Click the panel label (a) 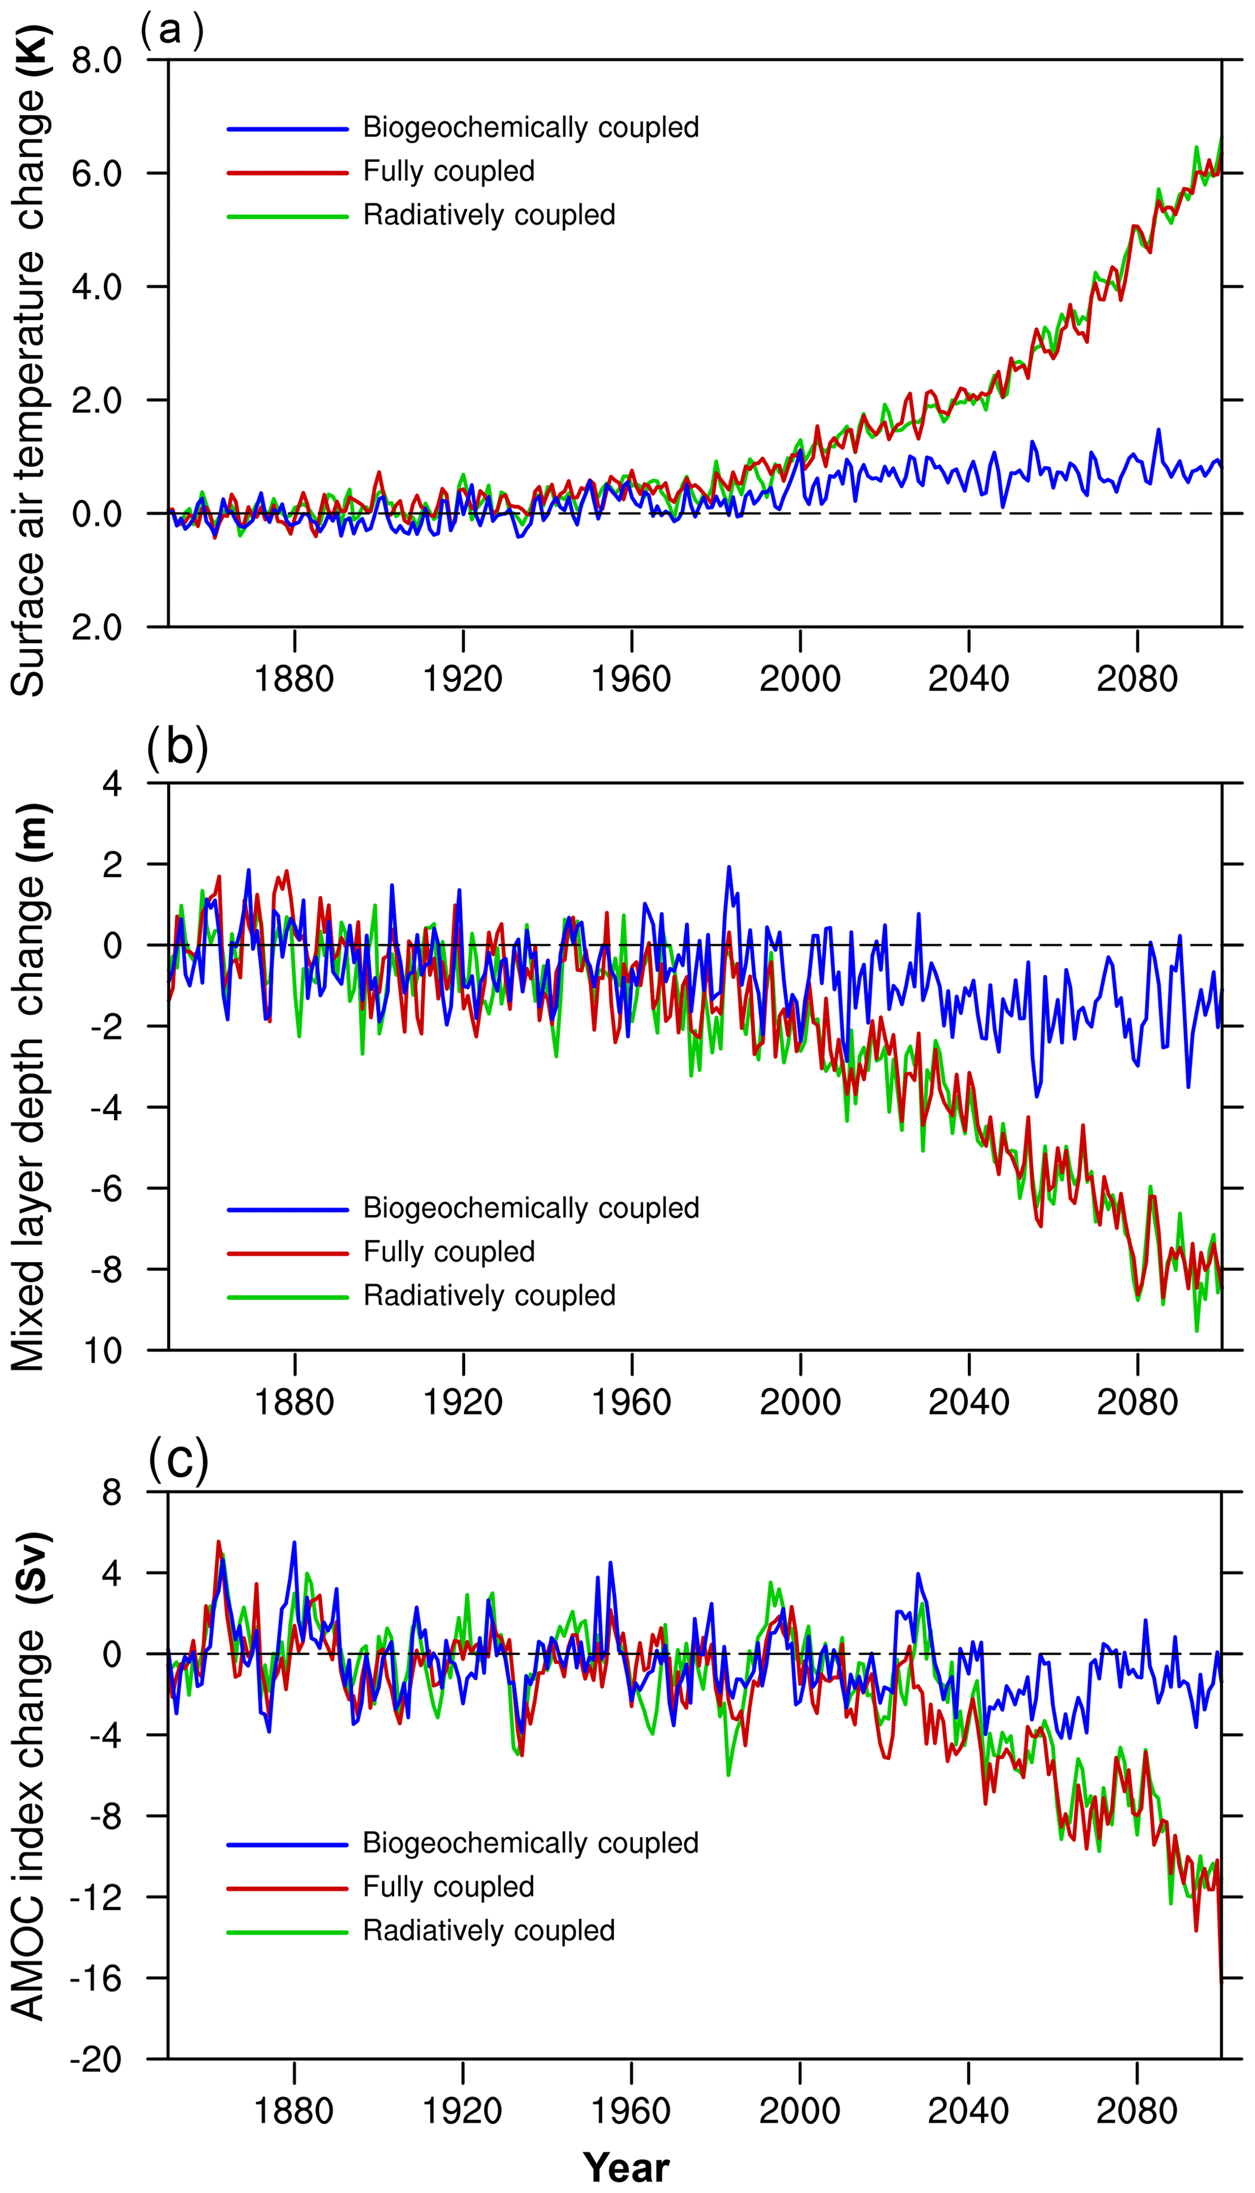(x=172, y=30)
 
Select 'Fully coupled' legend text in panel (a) (x=448, y=171)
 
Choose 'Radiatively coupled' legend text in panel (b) (x=489, y=1295)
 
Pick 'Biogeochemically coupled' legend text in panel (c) (x=530, y=1842)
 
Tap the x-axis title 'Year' (x=626, y=2166)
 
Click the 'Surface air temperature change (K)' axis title (x=29, y=362)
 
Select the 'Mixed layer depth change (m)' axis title (x=29, y=1086)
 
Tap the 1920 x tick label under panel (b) (x=462, y=1402)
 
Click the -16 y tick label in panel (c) (x=97, y=1979)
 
